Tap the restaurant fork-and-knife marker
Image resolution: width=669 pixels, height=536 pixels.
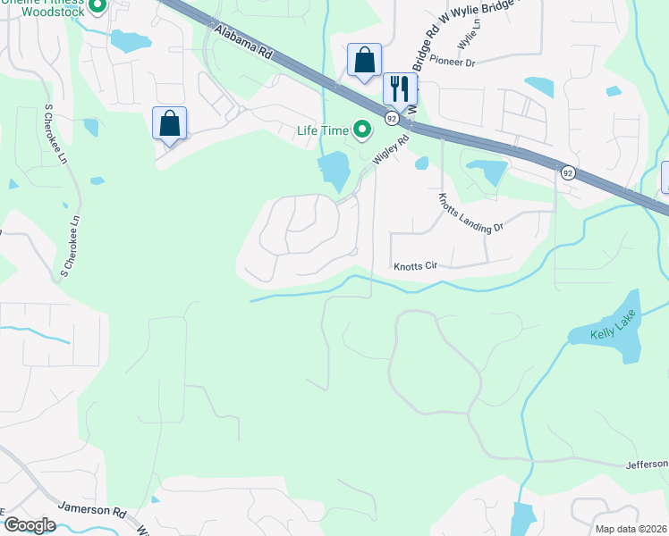(400, 88)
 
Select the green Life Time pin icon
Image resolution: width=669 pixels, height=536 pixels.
(362, 130)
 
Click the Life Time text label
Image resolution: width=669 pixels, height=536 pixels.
(322, 130)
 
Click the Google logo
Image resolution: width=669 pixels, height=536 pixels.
(30, 524)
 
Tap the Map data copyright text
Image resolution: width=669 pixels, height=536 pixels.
(631, 529)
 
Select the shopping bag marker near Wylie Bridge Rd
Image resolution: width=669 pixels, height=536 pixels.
(364, 61)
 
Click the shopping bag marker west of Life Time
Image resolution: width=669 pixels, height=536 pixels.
(170, 124)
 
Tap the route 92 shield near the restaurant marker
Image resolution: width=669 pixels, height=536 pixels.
(392, 118)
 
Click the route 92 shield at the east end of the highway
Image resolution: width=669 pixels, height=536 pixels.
(567, 172)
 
